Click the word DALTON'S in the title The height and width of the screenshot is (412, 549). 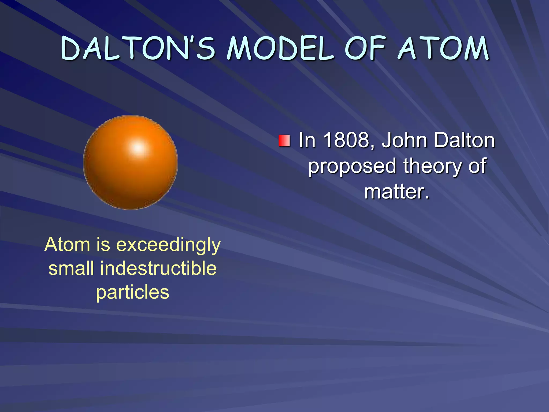click(x=138, y=48)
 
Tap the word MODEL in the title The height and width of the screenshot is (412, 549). click(x=280, y=48)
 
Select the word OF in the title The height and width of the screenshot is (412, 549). click(x=365, y=48)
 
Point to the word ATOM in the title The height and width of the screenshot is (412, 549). click(x=444, y=48)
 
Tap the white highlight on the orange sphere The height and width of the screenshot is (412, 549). click(x=138, y=147)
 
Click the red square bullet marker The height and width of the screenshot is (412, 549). click(x=284, y=141)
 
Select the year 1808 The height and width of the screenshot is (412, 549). click(x=349, y=140)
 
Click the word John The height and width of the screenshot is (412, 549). click(x=404, y=140)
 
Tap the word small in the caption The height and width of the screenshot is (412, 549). click(x=71, y=268)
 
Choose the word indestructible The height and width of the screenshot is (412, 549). click(x=158, y=268)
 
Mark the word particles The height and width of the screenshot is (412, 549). click(x=133, y=292)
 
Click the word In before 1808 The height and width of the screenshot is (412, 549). click(x=307, y=140)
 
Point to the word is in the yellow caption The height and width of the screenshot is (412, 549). click(x=103, y=245)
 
